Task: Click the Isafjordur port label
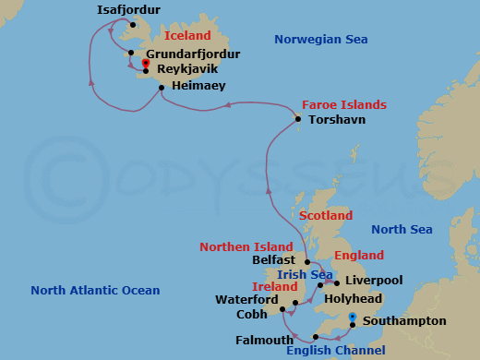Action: pos(128,10)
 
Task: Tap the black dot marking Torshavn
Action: pos(298,119)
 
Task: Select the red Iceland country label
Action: pos(187,36)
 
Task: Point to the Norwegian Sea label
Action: pos(321,39)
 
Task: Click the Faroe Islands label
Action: pos(344,104)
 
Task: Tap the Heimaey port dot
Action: pos(161,88)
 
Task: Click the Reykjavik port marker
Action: pos(146,64)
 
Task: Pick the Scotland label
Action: pos(325,215)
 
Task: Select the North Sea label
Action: pos(401,229)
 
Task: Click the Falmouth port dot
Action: pos(316,336)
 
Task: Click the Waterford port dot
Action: pos(294,302)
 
